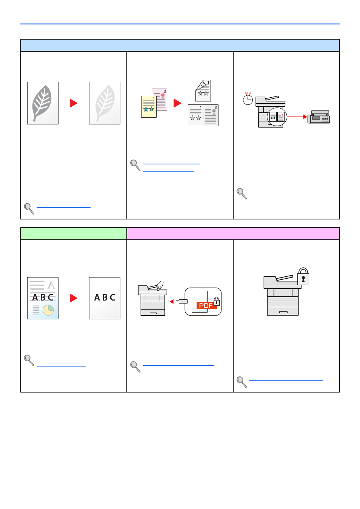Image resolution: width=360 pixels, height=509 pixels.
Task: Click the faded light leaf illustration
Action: coord(105,103)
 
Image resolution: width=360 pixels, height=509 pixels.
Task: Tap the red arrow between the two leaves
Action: coord(74,103)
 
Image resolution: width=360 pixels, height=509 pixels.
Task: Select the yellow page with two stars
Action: coord(149,107)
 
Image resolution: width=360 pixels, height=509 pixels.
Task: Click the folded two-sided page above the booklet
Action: coord(203,90)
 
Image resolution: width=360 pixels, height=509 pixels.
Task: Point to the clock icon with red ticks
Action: coord(248,99)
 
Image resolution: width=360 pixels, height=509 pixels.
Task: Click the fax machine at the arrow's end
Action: coord(318,117)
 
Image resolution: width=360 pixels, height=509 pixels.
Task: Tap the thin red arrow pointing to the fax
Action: coord(297,117)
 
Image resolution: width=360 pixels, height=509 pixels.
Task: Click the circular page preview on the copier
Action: coord(277,117)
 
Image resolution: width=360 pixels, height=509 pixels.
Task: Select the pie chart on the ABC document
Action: coord(48,310)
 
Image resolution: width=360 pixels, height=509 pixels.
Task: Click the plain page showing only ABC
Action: coord(105,298)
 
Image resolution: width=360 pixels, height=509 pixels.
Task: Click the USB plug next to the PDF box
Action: coord(182,302)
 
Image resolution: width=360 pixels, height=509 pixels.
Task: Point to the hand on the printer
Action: coord(160,285)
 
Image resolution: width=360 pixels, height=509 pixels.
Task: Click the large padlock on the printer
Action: coord(303,276)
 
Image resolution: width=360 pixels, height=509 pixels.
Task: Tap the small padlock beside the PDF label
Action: coord(217,301)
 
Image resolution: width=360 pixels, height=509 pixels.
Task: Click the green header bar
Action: coord(74,234)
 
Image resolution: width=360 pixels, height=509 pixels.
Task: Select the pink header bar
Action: coord(233,234)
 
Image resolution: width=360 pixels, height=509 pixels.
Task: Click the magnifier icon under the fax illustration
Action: coord(242,193)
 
